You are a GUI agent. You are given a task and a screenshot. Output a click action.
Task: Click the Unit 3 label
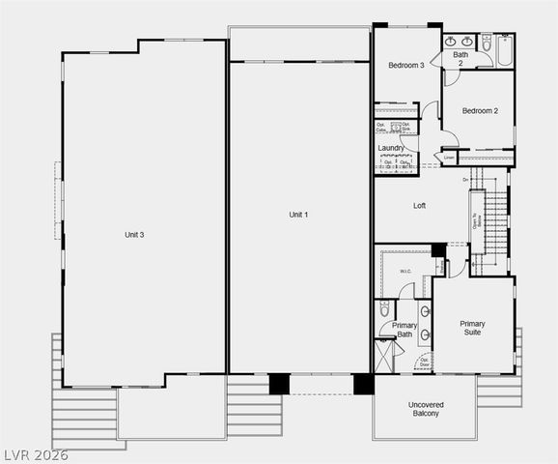point(134,235)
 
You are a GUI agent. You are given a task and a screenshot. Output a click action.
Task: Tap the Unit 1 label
point(299,214)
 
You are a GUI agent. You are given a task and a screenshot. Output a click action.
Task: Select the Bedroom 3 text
point(406,66)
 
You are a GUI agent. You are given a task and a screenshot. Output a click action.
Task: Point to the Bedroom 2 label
point(480,111)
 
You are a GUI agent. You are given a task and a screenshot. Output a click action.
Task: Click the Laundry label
point(391,148)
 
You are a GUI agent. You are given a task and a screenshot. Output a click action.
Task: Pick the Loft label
point(420,206)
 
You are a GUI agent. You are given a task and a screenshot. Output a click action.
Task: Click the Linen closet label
point(449,157)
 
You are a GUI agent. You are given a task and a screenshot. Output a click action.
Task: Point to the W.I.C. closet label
point(405,272)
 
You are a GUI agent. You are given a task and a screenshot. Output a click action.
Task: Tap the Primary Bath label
point(405,331)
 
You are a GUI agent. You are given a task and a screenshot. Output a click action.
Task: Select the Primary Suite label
point(472,328)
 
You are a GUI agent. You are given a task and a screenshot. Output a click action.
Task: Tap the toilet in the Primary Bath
point(383,310)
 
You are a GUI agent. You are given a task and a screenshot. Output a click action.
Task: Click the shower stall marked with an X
point(384,357)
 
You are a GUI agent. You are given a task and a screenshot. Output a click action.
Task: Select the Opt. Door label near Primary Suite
point(424,362)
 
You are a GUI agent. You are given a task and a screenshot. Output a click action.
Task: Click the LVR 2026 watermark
point(36,454)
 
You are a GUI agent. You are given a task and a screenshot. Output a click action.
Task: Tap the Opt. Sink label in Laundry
point(405,127)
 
